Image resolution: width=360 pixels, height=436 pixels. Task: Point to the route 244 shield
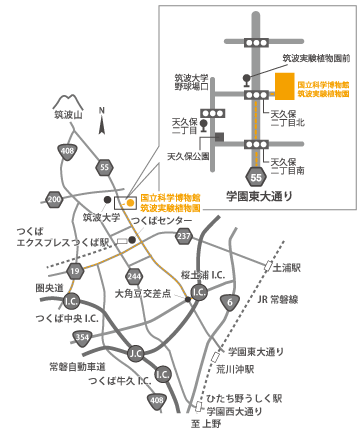pos(134,275)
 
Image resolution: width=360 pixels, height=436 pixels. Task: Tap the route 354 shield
pos(83,338)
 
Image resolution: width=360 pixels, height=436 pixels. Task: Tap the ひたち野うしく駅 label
pos(244,397)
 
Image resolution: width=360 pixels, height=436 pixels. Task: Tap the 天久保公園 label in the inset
pos(188,156)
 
